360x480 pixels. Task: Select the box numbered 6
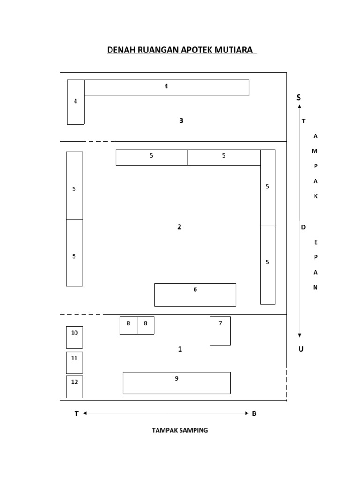click(195, 294)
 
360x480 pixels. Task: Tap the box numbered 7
click(220, 331)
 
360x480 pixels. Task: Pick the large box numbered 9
click(176, 382)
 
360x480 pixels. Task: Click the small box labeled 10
click(75, 337)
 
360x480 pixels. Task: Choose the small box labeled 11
click(75, 362)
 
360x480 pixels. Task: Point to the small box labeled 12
click(75, 386)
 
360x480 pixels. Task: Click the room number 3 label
click(181, 121)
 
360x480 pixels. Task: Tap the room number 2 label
click(179, 227)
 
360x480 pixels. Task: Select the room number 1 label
click(180, 349)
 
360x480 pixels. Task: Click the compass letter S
click(299, 97)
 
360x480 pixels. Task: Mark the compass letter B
click(254, 413)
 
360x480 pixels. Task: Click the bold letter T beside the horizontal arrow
click(76, 413)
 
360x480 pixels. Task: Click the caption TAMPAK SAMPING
click(180, 430)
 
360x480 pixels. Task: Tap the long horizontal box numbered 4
click(166, 88)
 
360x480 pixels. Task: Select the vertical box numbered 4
click(76, 102)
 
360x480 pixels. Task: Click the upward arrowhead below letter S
click(300, 106)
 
